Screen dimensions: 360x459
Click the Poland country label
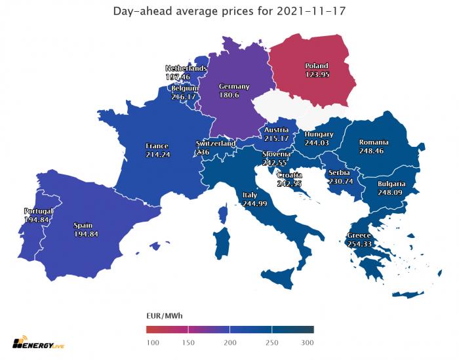click(316, 66)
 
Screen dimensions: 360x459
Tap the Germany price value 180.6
click(233, 96)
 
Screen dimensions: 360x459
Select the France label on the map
click(157, 146)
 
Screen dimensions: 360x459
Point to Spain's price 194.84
click(86, 234)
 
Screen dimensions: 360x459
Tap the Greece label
click(359, 235)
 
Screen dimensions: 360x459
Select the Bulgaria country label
click(391, 184)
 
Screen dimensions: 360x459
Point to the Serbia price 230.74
click(340, 181)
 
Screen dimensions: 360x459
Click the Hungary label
click(319, 134)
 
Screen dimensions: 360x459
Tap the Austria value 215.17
click(275, 138)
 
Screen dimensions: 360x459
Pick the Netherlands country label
click(186, 68)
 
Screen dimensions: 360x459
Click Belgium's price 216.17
click(184, 96)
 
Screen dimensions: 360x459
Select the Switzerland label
click(216, 144)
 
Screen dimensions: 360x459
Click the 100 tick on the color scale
click(152, 342)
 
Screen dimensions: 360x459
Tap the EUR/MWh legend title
click(164, 316)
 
